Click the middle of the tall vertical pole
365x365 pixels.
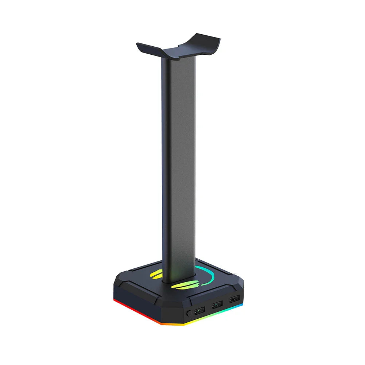pos(179,164)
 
